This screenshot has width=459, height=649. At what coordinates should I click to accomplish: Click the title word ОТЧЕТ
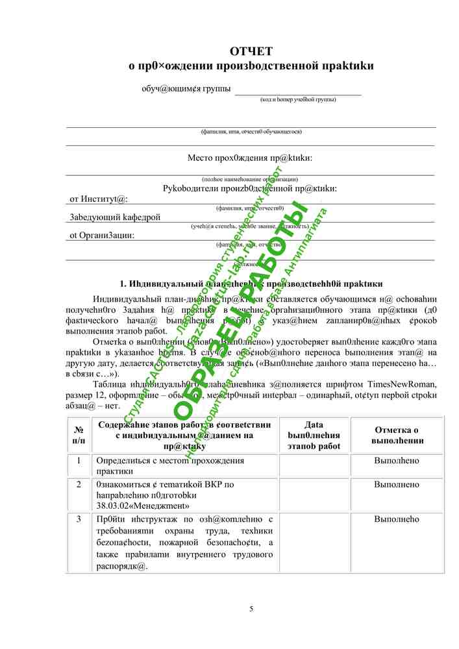coord(251,51)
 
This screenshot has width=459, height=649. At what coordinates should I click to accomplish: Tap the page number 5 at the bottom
coord(252,608)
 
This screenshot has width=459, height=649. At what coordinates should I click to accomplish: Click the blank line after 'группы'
coord(298,90)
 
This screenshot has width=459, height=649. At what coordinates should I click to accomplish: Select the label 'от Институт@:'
coord(99,199)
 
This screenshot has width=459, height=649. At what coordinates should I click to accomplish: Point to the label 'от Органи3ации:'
coord(102,235)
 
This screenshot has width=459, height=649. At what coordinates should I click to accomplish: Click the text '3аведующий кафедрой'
coord(115,217)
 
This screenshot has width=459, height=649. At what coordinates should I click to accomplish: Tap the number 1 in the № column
coord(79,460)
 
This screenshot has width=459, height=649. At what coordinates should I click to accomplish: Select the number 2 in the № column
coord(79,484)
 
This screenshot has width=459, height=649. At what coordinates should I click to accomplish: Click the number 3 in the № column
coord(79,519)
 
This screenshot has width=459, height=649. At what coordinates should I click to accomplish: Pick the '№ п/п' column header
coord(79,435)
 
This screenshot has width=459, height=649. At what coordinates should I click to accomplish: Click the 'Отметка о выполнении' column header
coord(397,435)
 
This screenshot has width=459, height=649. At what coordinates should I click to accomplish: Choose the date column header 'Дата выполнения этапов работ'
coord(314,435)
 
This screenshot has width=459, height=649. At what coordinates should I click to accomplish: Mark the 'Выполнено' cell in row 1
coord(397,460)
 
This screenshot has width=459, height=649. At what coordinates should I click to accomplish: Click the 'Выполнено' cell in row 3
coord(397,519)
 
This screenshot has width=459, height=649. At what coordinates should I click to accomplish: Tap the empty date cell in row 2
coord(314,495)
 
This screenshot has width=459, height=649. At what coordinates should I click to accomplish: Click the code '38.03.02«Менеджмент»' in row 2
coord(143,505)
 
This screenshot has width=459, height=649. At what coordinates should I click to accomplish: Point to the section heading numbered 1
coord(251,284)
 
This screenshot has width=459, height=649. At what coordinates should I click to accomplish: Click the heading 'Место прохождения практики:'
coord(250,158)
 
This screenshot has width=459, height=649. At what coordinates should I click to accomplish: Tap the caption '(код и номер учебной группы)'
coord(298,100)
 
